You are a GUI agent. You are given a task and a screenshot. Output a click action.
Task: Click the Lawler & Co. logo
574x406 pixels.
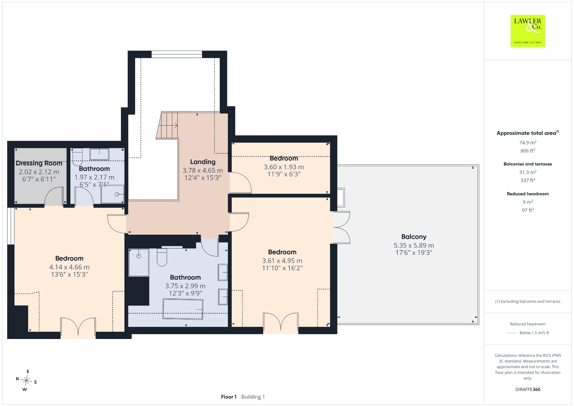click(x=527, y=31)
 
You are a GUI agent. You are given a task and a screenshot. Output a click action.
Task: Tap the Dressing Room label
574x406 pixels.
click(x=39, y=163)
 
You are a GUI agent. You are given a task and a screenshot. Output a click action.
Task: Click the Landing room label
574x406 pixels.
click(x=203, y=162)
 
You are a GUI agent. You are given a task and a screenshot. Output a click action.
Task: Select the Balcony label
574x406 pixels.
click(x=414, y=237)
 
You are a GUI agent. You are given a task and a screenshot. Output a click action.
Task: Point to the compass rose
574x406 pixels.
click(x=26, y=380)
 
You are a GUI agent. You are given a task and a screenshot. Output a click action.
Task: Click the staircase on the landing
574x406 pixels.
click(x=167, y=125)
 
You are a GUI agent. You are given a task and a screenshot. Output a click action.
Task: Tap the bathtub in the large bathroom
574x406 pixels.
click(x=183, y=309)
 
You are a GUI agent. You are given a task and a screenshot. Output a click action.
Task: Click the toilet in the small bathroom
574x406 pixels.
click(x=77, y=157)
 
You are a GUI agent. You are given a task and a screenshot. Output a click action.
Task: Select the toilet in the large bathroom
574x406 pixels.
click(x=162, y=258)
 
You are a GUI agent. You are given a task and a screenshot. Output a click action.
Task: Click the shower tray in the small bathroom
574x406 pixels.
click(x=112, y=194)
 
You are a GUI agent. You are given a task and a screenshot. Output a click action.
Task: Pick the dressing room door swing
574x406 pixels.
click(x=54, y=197)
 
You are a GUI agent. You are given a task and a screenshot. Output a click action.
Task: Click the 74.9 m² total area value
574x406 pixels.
click(x=528, y=142)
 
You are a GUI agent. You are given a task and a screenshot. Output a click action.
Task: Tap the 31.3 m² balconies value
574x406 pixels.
click(x=528, y=172)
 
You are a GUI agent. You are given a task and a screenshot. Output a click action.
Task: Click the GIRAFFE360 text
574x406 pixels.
click(x=528, y=389)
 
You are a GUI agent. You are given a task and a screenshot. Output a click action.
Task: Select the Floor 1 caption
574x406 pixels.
click(x=229, y=397)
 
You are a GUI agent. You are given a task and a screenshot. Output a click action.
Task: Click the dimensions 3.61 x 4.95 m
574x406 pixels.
click(x=282, y=261)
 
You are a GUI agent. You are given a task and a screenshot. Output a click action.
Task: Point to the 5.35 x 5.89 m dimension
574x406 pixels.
click(x=414, y=245)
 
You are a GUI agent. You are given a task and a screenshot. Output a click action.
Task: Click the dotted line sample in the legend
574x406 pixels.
click(x=511, y=333)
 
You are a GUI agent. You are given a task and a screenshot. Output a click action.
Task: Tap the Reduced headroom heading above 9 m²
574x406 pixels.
click(x=528, y=194)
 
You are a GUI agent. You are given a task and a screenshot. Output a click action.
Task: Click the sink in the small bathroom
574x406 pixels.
click(x=99, y=154)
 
